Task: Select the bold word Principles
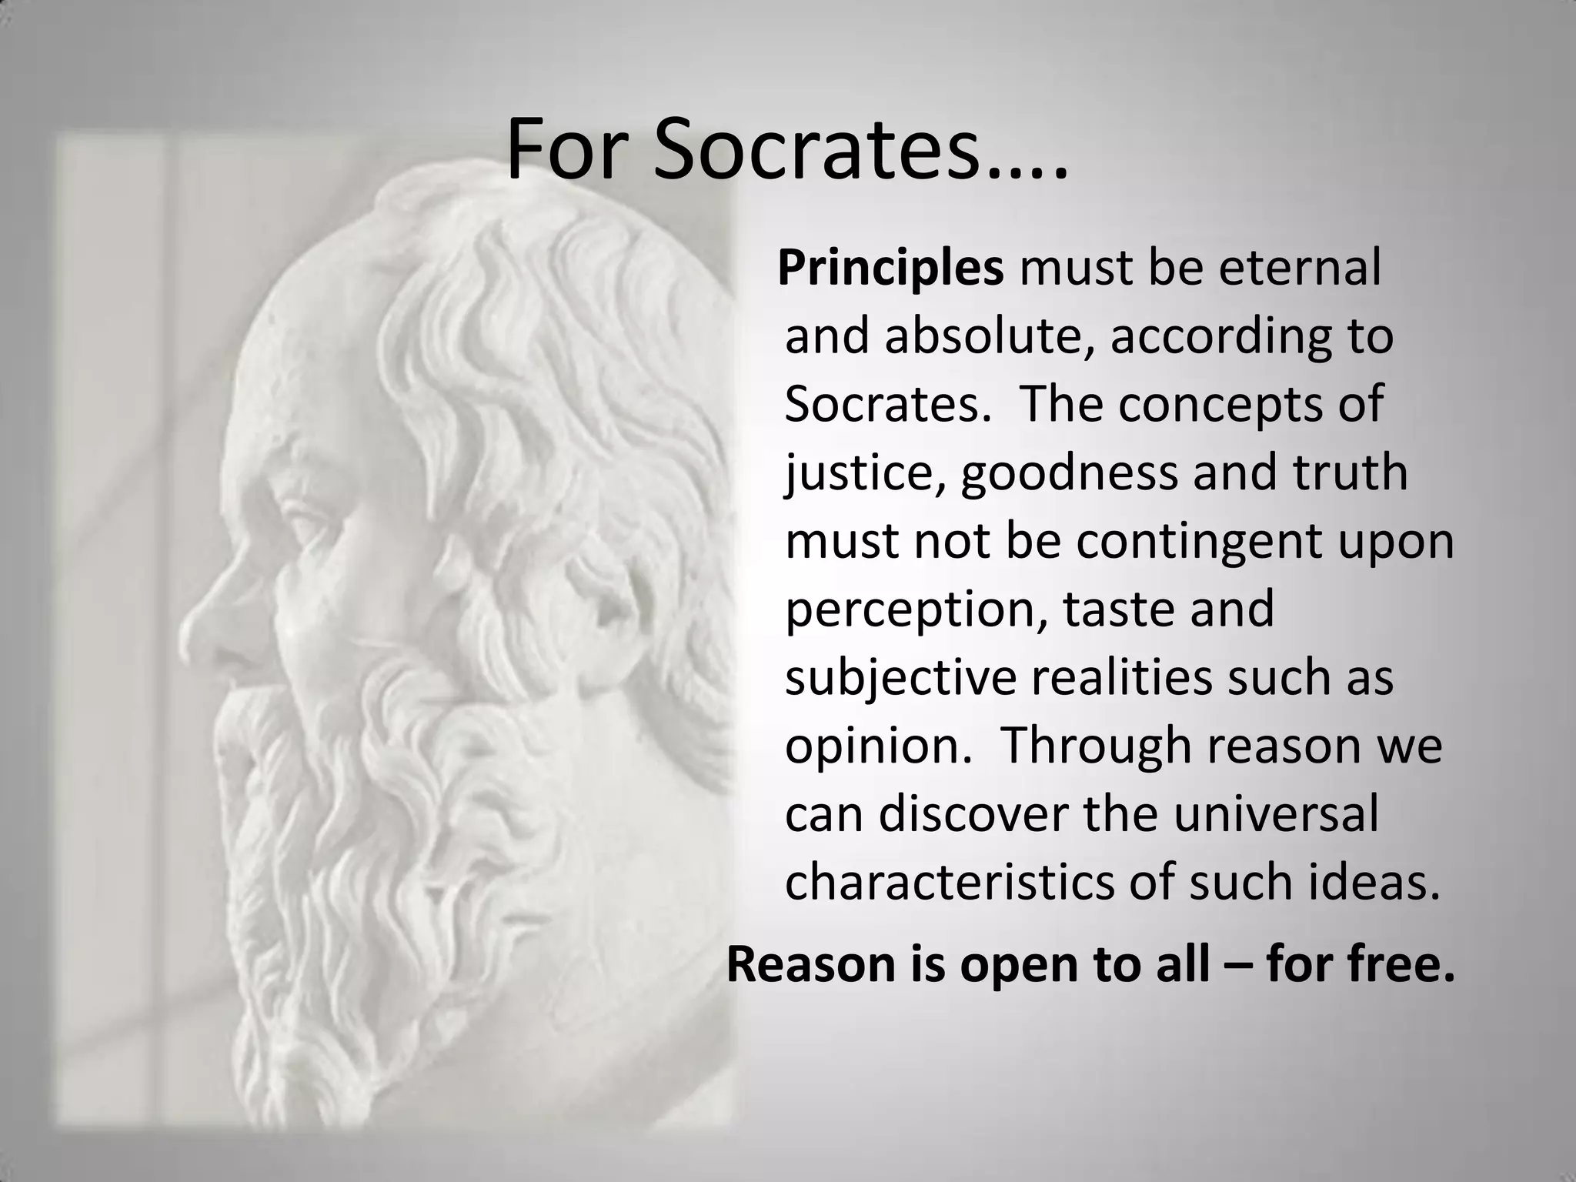(890, 269)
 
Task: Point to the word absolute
(984, 337)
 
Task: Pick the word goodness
(1069, 473)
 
